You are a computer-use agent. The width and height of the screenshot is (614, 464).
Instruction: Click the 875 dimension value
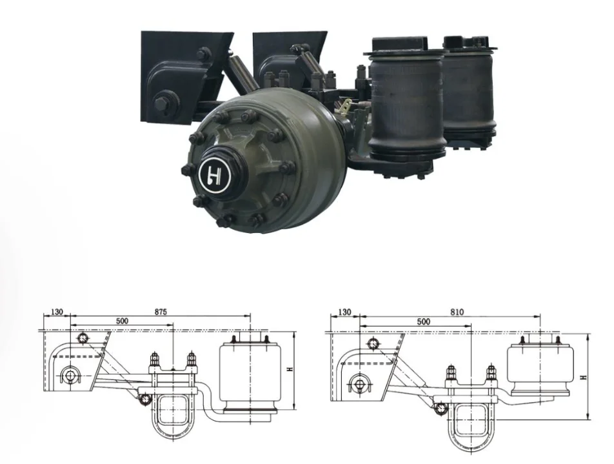click(x=161, y=312)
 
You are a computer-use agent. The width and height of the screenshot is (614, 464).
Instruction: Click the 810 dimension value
click(x=457, y=312)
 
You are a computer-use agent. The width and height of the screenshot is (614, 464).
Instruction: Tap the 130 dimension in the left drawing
click(x=57, y=312)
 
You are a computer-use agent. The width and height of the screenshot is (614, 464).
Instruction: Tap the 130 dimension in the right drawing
click(x=344, y=312)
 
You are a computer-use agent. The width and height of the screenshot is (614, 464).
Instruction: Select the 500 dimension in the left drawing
click(x=122, y=321)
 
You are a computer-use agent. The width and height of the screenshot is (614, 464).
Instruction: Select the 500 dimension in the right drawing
click(x=423, y=322)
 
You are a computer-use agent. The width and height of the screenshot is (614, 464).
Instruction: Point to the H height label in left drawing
click(x=290, y=369)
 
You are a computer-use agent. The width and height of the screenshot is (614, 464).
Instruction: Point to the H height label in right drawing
click(x=584, y=377)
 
